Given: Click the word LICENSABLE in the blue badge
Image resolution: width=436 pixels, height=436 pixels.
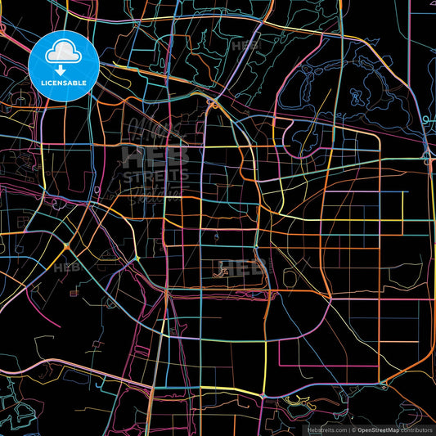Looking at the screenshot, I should pos(65,83).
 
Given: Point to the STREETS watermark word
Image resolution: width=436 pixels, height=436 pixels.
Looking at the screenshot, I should pos(155,176).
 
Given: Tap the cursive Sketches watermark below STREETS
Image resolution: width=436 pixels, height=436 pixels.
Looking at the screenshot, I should pos(155,193).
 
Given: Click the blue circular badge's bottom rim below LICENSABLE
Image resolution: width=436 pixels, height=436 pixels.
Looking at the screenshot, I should pos(65,100).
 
